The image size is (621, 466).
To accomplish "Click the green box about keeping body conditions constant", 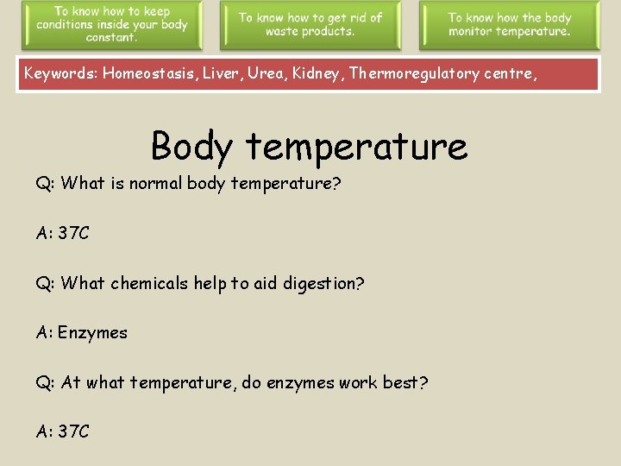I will coord(112,25).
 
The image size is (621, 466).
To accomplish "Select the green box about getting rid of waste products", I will coord(310,25).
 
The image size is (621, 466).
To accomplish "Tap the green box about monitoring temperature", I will coord(509,25).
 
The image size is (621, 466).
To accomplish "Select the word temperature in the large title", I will coord(356,146).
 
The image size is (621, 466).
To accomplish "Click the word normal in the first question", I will coord(155,183).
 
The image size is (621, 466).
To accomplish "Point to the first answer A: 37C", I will coord(62,233).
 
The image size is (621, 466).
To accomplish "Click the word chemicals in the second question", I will coord(148,283).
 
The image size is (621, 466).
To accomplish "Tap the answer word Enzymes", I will coord(92,332).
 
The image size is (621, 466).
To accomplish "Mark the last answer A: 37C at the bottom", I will coord(62,431).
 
